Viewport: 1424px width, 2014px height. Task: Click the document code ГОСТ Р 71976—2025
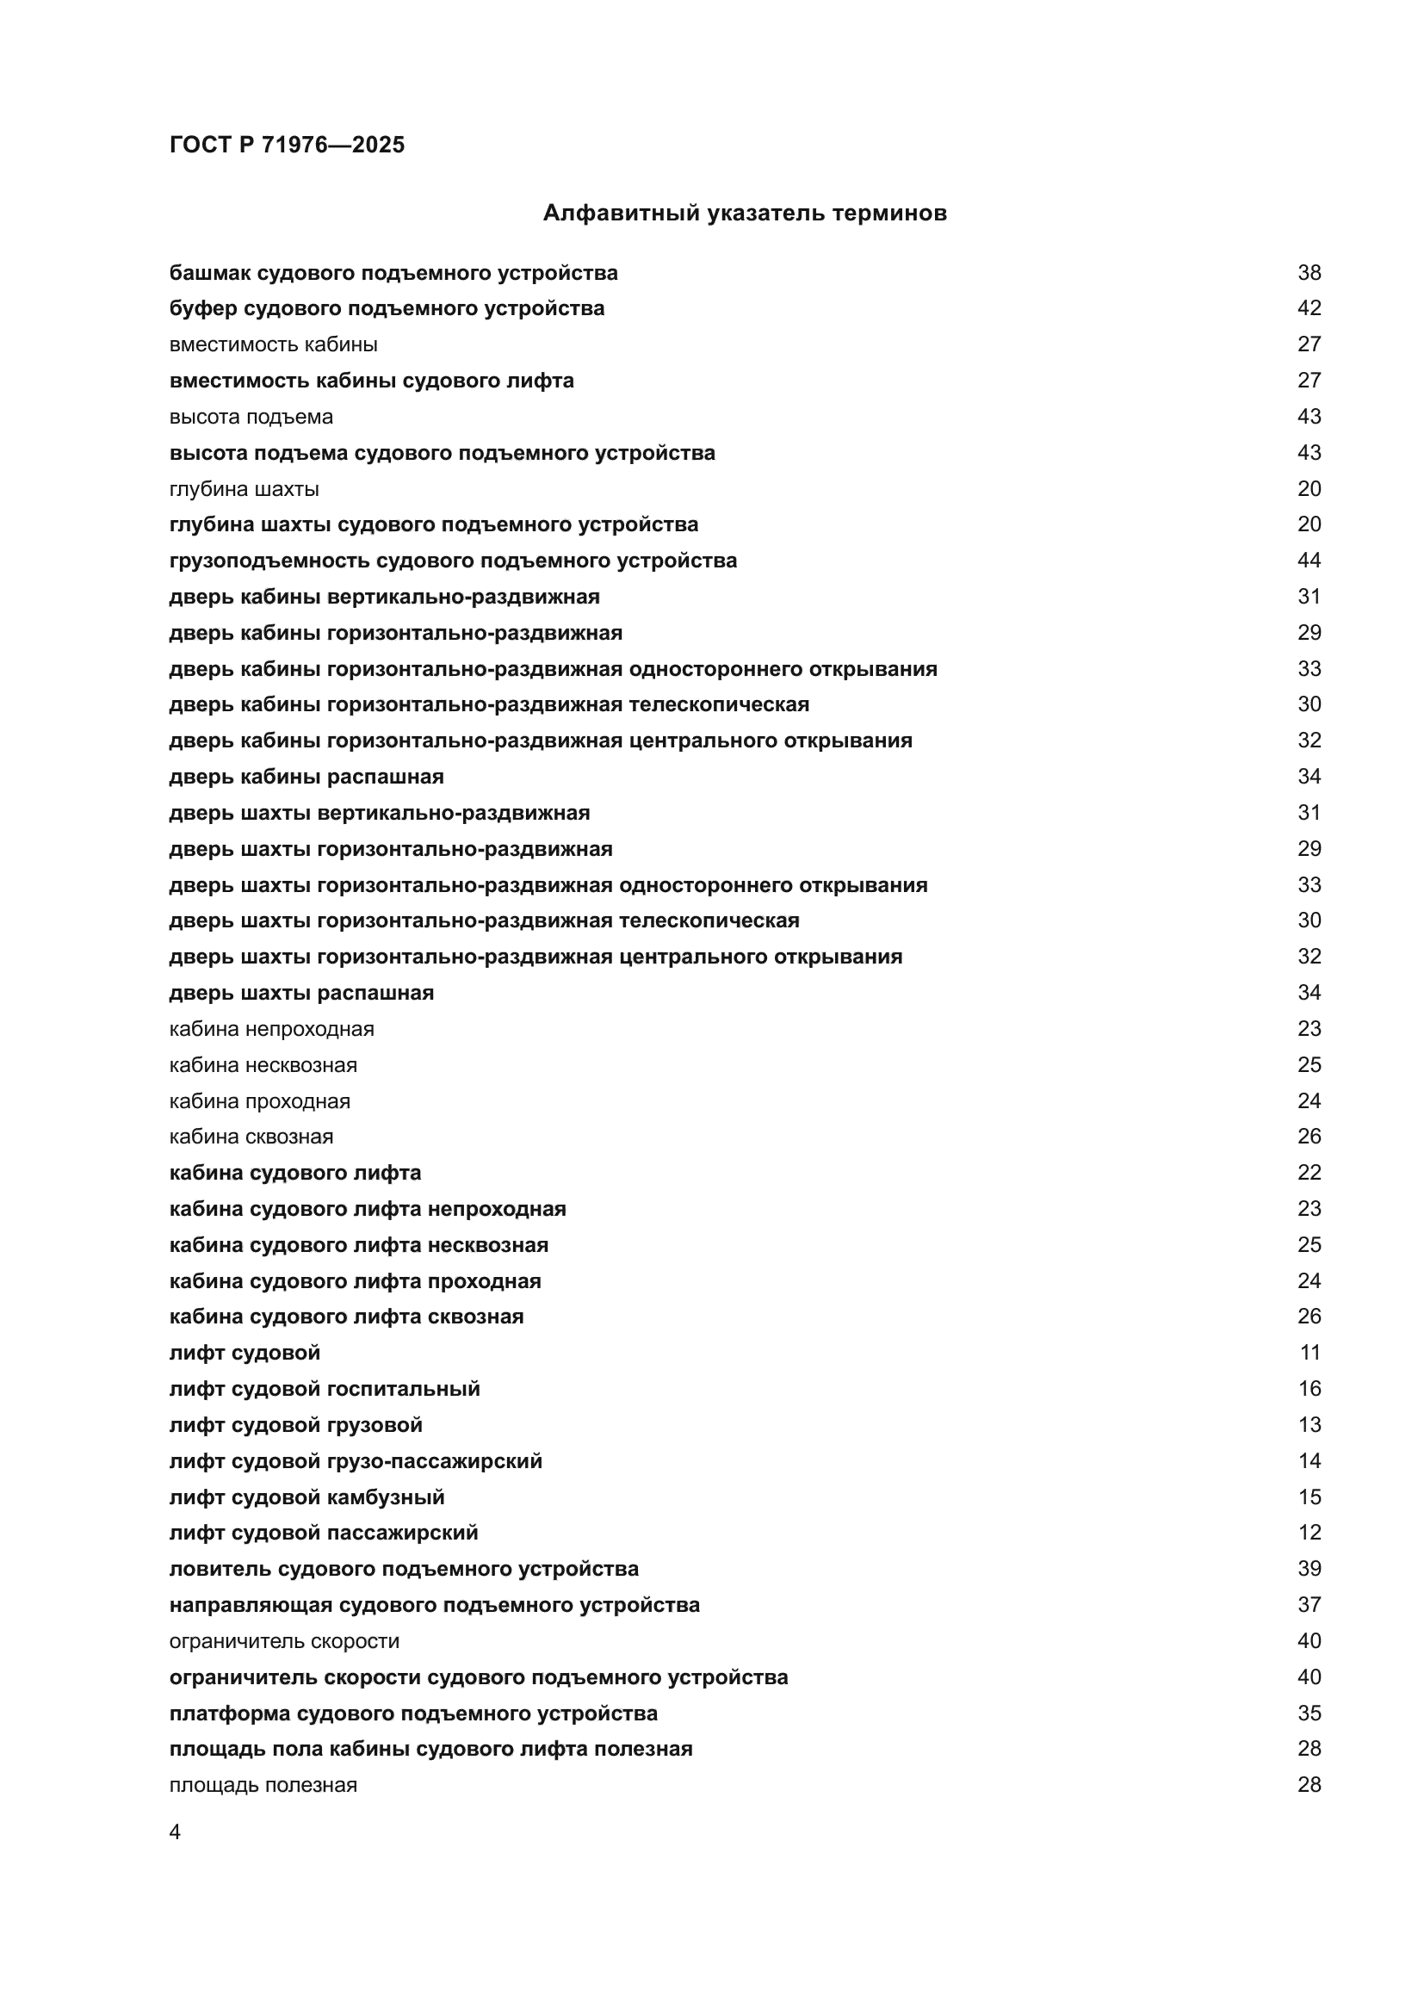click(x=287, y=145)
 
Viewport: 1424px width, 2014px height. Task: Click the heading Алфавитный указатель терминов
click(x=745, y=214)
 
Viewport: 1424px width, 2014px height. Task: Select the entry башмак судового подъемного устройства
click(x=393, y=273)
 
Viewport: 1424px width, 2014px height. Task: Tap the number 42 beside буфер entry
click(x=1309, y=308)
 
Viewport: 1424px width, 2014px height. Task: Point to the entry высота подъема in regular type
click(x=251, y=417)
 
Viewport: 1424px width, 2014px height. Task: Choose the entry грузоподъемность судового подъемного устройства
click(x=453, y=561)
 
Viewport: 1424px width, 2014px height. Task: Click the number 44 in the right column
click(x=1309, y=561)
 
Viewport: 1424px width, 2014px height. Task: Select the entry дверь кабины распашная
click(x=306, y=777)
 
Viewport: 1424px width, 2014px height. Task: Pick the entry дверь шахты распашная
click(x=300, y=992)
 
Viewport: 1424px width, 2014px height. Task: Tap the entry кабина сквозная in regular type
click(x=251, y=1136)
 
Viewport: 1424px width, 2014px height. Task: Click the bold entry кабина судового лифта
click(x=294, y=1173)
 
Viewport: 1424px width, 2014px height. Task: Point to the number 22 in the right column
click(x=1309, y=1173)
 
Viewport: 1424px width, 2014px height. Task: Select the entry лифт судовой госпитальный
click(x=325, y=1389)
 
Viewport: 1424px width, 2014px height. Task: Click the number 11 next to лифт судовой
click(x=1309, y=1353)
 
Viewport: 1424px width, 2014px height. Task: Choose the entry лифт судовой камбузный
click(x=306, y=1497)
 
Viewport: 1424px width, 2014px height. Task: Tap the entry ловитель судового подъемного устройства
click(x=403, y=1568)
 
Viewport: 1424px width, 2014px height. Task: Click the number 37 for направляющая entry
click(x=1309, y=1604)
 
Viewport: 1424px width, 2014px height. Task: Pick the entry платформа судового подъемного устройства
click(x=413, y=1713)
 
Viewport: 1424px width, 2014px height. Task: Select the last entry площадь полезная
click(x=263, y=1785)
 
